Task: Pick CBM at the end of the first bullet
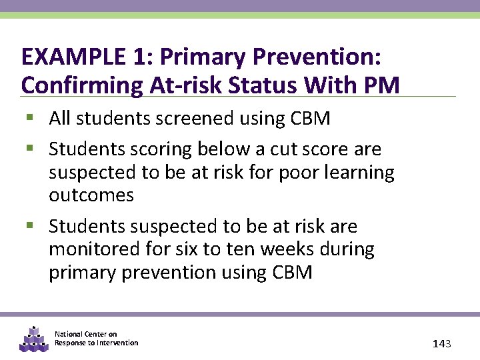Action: [x=310, y=119]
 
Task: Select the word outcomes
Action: [x=91, y=195]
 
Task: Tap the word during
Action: [x=347, y=249]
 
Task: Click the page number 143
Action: [x=442, y=344]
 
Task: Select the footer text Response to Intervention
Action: [x=97, y=343]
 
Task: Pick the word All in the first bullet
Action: [x=60, y=119]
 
